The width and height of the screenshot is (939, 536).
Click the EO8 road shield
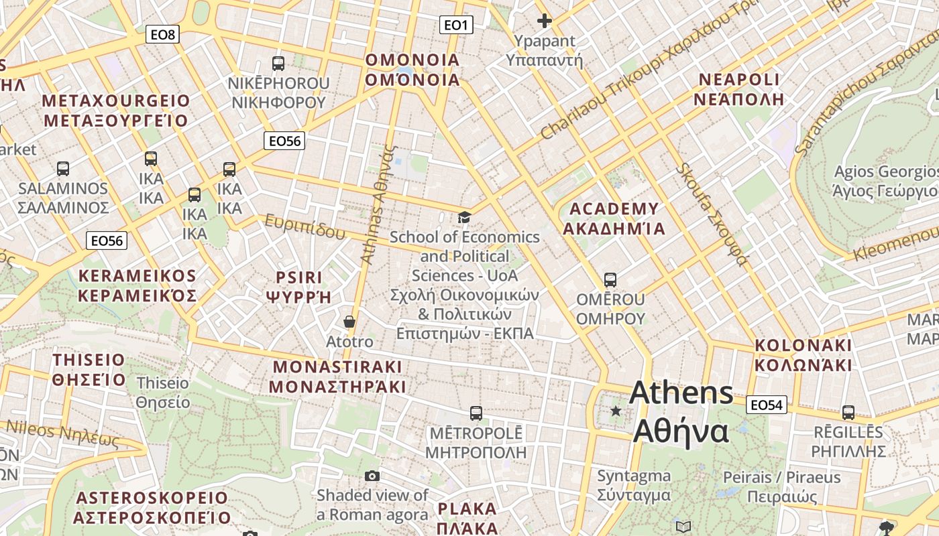(x=163, y=34)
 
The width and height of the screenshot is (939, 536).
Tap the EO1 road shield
(x=456, y=25)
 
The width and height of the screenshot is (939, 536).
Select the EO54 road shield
(x=767, y=405)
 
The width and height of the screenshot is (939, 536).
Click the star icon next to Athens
(x=615, y=410)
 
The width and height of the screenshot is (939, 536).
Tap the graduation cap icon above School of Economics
(x=464, y=217)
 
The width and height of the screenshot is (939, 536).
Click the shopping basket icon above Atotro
(x=349, y=322)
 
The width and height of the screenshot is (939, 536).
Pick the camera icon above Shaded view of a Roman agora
(x=372, y=476)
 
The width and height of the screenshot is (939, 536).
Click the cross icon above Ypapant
(x=545, y=21)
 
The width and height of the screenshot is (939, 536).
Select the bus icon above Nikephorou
(x=278, y=64)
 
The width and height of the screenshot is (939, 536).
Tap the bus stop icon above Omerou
(x=610, y=279)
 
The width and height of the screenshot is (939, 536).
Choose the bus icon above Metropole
(x=476, y=413)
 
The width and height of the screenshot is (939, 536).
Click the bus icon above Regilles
(x=848, y=413)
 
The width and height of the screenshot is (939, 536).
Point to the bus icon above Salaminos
(x=63, y=169)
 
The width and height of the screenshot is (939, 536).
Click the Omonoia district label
(x=412, y=70)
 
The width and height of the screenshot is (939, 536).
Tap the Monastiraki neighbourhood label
(x=337, y=377)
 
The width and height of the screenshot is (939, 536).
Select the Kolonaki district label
(x=804, y=355)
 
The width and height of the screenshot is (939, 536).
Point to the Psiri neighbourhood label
(x=299, y=287)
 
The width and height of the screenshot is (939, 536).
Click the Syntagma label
(x=634, y=486)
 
